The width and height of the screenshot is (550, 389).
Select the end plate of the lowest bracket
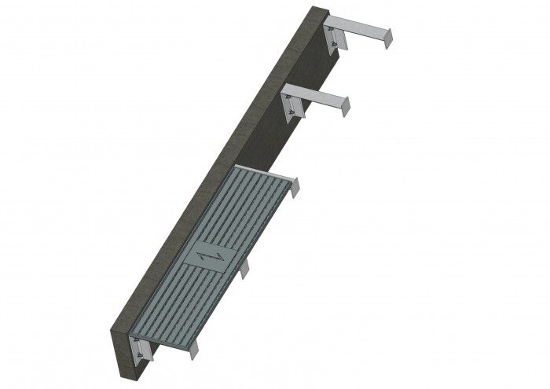(x=193, y=350)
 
